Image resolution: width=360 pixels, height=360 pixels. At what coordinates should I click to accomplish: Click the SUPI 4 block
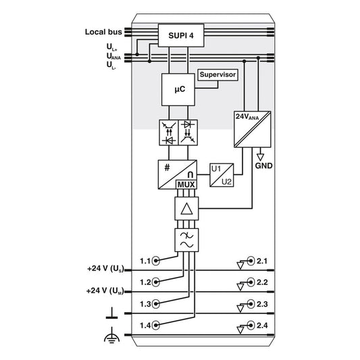point(181,36)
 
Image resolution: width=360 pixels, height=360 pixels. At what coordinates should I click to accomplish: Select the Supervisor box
point(217,75)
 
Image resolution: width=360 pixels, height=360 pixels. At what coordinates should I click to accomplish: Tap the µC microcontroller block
point(178,90)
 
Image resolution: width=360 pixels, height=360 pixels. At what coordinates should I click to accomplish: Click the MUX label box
point(186,184)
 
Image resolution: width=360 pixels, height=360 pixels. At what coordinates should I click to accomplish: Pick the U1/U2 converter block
point(222,175)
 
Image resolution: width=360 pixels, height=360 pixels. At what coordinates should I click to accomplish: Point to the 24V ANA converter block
point(253,129)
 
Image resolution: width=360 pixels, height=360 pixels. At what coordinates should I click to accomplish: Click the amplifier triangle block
point(186,209)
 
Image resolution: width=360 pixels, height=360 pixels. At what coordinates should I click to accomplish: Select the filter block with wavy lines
point(186,240)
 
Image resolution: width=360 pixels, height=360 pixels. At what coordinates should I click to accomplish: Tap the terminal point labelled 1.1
point(156,261)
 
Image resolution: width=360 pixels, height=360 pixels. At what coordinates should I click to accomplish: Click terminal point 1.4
point(156,325)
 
